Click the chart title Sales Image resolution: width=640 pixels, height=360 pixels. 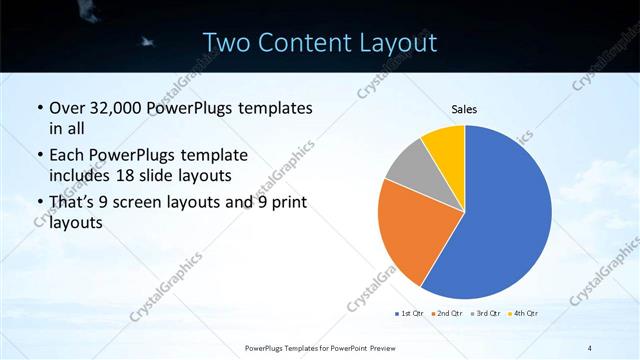point(463,109)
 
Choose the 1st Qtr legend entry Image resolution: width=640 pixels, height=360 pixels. point(410,314)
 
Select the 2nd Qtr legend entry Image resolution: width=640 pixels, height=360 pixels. point(447,314)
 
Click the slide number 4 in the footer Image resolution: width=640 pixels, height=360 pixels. point(590,347)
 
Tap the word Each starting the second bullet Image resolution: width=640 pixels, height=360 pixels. point(67,155)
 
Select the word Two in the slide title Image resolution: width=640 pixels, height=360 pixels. point(227,43)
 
